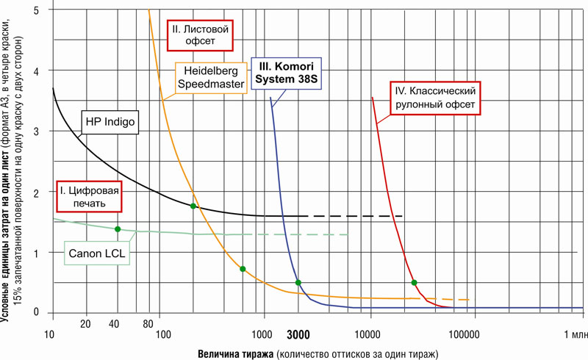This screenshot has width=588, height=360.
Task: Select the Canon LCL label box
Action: [98, 254]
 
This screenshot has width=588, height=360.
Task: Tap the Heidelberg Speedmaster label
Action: [211, 79]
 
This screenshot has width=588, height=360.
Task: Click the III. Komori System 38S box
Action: [288, 72]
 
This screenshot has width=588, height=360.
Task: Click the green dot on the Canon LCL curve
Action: [118, 229]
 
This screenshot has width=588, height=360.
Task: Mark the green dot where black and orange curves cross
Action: [193, 206]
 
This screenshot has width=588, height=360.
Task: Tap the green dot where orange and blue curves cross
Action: [298, 283]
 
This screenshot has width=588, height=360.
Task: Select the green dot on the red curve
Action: [415, 283]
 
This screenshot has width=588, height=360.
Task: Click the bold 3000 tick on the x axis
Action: [298, 335]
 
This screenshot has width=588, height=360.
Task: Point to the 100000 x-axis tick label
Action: [464, 335]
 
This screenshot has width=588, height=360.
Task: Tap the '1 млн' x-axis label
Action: [574, 335]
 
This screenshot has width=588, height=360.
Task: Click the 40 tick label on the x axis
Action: [114, 324]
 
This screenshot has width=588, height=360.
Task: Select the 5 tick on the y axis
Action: [36, 10]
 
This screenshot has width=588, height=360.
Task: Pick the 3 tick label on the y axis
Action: [36, 131]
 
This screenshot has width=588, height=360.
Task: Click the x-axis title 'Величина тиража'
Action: [234, 353]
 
